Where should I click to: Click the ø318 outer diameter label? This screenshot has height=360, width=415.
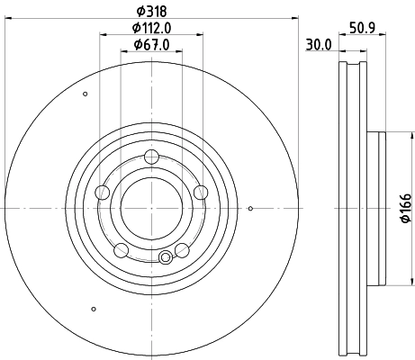click(x=150, y=11)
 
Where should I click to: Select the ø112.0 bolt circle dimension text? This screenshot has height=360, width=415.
click(x=151, y=28)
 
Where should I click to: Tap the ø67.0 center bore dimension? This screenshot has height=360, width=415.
click(x=151, y=45)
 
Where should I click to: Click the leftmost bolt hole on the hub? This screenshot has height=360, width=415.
click(x=102, y=191)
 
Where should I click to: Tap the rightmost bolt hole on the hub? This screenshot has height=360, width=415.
click(x=201, y=191)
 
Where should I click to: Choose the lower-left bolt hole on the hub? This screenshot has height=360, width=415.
click(x=121, y=249)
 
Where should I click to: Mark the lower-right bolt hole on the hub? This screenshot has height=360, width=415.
click(x=182, y=249)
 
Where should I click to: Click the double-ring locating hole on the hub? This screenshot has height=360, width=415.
click(x=165, y=259)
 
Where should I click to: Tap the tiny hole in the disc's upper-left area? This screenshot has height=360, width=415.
click(x=85, y=94)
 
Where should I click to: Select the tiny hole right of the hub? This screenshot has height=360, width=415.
click(x=249, y=211)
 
